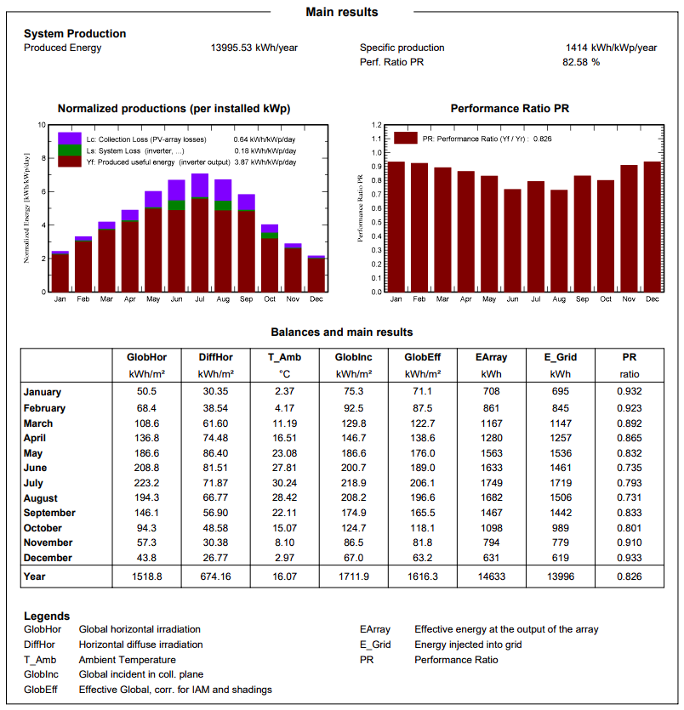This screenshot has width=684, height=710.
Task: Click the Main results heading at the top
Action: click(341, 12)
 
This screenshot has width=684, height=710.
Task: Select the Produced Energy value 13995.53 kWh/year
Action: click(254, 48)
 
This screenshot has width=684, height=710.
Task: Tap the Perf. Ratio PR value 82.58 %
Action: click(581, 62)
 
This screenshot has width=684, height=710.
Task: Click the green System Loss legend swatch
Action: click(70, 150)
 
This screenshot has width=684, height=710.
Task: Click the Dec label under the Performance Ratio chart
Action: click(653, 299)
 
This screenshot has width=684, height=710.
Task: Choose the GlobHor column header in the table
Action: click(146, 357)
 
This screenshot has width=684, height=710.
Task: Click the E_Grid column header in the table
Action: click(561, 357)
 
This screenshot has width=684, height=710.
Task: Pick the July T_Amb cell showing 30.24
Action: click(284, 483)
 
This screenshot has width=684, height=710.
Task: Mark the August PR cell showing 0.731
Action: click(630, 498)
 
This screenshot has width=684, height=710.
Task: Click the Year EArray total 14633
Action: click(491, 577)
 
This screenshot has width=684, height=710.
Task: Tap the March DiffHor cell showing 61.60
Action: click(215, 423)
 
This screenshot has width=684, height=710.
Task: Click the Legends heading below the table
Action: click(47, 616)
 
